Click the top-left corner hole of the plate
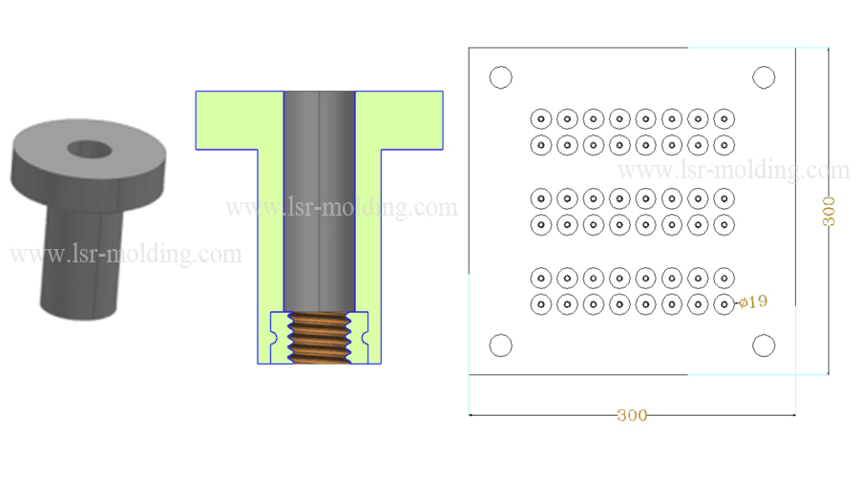point(500,77)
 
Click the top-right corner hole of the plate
point(764,77)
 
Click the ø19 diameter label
point(753,302)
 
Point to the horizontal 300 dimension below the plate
point(632,415)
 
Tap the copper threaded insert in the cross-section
point(320,339)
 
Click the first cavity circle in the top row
point(540,119)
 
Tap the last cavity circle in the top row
point(724,119)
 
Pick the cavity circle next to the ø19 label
point(724,304)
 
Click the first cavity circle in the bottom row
point(540,304)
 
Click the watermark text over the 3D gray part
point(125,255)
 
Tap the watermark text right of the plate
point(735,171)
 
